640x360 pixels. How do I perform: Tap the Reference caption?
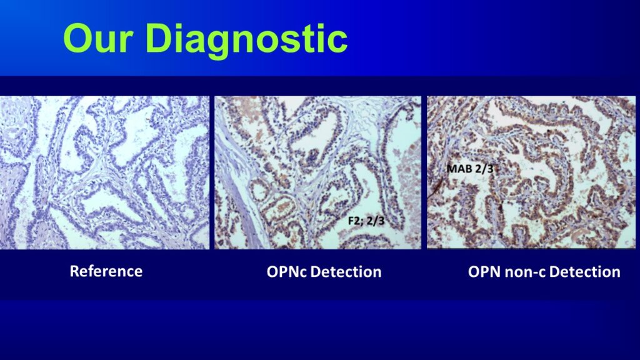tap(106, 271)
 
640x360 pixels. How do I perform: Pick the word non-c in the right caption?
tap(520, 272)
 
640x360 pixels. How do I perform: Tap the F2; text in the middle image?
tap(352, 221)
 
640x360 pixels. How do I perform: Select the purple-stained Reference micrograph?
tap(104, 172)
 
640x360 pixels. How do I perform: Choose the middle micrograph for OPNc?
tap(318, 172)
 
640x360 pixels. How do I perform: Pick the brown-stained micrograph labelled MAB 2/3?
tap(531, 172)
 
